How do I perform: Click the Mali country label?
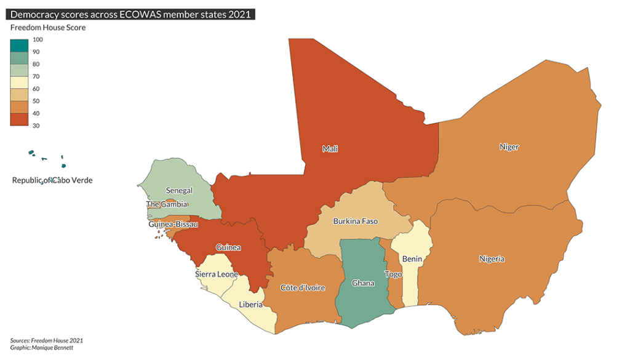click(x=330, y=149)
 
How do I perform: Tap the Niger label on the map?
click(x=509, y=147)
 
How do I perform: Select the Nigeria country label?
click(x=492, y=259)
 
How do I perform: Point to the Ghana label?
click(x=362, y=284)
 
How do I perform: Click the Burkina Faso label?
click(x=355, y=221)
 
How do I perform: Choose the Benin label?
click(x=412, y=259)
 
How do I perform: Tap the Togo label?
click(x=393, y=274)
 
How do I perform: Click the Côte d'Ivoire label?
click(x=303, y=288)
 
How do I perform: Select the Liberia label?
click(x=250, y=305)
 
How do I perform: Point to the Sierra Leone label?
click(x=216, y=274)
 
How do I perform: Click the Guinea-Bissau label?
click(x=173, y=225)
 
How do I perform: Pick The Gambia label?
click(x=167, y=204)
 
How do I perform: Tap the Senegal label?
click(x=180, y=191)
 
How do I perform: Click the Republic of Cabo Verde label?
click(x=52, y=180)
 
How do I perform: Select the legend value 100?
click(x=38, y=39)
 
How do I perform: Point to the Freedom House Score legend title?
click(x=48, y=28)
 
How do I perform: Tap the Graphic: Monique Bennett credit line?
click(x=42, y=348)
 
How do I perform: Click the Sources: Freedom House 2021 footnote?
click(x=47, y=340)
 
